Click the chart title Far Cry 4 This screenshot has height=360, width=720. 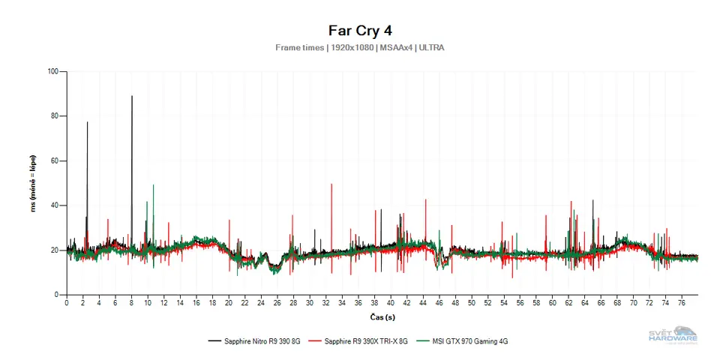tap(360, 31)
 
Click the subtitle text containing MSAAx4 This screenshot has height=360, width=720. tap(360, 48)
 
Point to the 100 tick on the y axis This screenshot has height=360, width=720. tap(52, 72)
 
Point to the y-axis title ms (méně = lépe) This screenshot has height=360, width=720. tap(34, 184)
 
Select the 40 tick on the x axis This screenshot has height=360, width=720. tap(391, 304)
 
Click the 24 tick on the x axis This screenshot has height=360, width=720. tap(261, 304)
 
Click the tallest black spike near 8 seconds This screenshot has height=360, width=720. tap(132, 97)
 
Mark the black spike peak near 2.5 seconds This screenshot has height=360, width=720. tap(87, 123)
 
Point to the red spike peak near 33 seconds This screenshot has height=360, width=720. tap(331, 185)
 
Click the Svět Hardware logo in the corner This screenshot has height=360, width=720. tap(673, 335)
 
